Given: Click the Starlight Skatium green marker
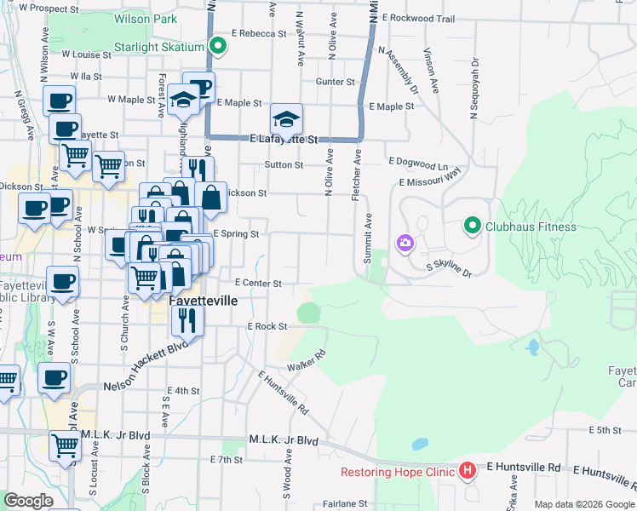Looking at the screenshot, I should tap(217, 47).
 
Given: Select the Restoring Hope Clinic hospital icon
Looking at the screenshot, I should tap(467, 470).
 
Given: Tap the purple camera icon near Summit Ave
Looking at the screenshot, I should tap(405, 244).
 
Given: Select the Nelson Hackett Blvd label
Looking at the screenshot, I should tap(145, 354).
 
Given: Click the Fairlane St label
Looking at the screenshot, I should tap(339, 503).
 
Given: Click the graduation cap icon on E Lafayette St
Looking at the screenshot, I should tap(287, 119).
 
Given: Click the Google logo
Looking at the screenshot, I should tap(28, 501).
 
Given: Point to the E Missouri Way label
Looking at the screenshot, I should tap(429, 176).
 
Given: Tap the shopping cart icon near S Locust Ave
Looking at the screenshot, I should tap(66, 445).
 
